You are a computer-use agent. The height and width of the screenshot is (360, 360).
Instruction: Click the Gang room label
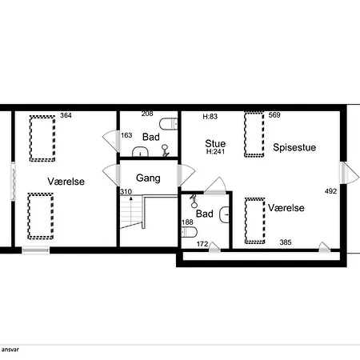point(148,178)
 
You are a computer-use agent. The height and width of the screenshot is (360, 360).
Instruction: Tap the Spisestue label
point(294,147)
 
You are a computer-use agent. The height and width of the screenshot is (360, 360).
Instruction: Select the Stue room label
point(215,143)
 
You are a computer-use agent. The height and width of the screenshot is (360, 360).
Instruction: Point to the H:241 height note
point(215,151)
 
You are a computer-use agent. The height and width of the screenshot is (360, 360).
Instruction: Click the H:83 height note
point(210,116)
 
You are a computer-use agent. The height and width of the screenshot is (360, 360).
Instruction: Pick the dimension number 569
point(274,115)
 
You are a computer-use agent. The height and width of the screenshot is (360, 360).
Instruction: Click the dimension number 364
point(66,115)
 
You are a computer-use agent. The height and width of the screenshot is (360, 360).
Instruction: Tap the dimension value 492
point(330,191)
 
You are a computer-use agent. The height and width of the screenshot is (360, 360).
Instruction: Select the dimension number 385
point(286,242)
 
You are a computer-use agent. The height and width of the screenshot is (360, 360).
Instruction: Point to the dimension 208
point(147,114)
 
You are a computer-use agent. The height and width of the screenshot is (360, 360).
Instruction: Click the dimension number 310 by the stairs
point(126,192)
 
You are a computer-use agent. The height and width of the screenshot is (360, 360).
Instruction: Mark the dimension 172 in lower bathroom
point(202,244)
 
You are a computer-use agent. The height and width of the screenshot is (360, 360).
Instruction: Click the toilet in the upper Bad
point(169,124)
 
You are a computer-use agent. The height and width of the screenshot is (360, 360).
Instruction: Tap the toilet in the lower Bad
point(189,232)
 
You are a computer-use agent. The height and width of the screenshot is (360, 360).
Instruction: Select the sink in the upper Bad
point(140,151)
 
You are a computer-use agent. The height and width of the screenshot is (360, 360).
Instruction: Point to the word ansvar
point(10,350)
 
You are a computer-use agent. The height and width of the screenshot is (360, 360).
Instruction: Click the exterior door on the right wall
point(350,173)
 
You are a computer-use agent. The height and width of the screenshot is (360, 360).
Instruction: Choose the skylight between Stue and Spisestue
point(254,134)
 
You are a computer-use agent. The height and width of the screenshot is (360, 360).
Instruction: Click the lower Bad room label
point(205,214)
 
